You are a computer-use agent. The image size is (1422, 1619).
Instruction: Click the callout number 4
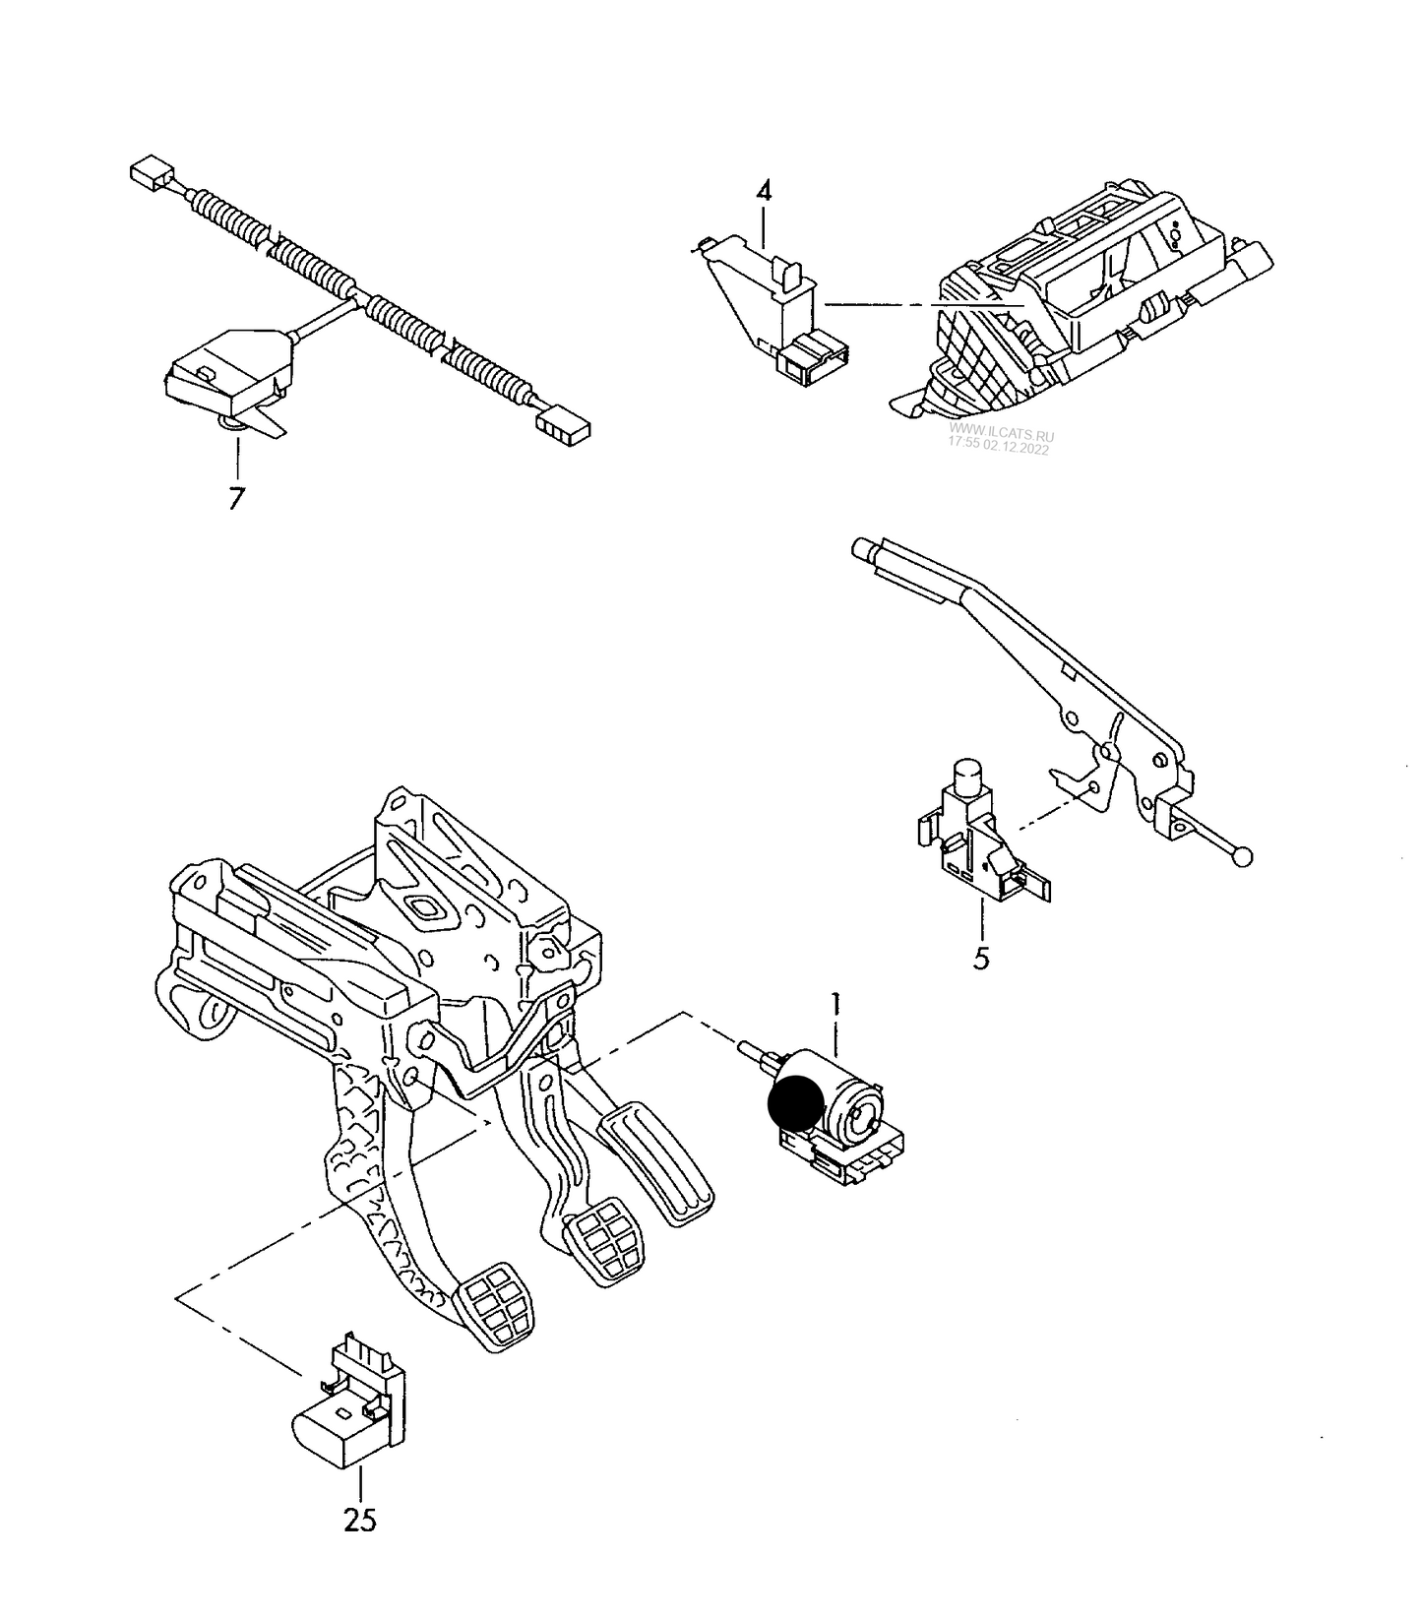764,191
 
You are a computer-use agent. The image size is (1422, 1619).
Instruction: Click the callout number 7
235,498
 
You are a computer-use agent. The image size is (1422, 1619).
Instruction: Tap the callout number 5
981,958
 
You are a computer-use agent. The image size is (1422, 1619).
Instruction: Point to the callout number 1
835,1005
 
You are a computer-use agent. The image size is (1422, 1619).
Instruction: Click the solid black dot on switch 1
796,1102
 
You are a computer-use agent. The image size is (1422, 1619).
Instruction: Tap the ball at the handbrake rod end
1244,857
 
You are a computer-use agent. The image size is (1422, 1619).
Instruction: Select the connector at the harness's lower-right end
563,425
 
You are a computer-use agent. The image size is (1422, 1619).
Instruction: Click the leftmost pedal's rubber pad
497,1307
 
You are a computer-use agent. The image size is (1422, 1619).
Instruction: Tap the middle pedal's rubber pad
603,1245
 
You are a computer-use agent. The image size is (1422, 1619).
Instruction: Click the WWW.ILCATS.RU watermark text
1001,434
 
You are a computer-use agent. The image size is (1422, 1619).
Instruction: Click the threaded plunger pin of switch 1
755,1055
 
